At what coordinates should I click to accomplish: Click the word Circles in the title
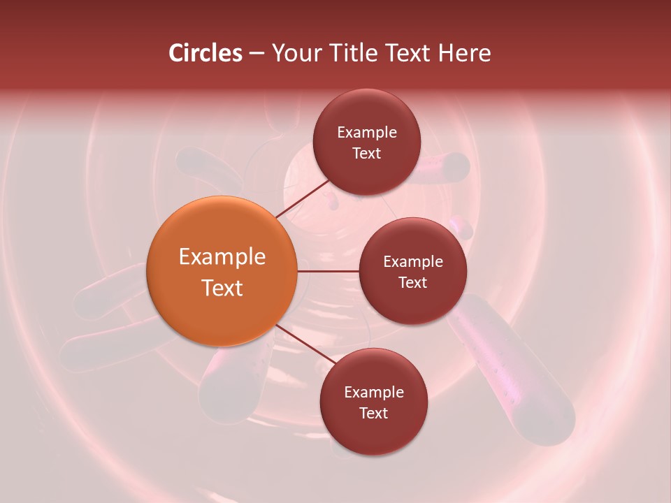tap(205, 53)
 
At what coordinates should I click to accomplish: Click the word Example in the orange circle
tap(222, 257)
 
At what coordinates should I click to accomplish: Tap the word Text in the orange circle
tap(222, 288)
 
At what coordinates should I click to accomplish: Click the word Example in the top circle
tap(367, 133)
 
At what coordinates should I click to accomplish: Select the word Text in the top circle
tap(367, 153)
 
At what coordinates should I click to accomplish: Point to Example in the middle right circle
tap(413, 262)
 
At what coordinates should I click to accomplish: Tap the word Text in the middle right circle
tap(413, 282)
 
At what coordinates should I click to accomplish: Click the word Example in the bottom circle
tap(374, 393)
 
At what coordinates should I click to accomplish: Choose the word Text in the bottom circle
tap(374, 413)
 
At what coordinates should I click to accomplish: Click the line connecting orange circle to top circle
tap(303, 199)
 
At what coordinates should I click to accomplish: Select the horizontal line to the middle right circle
tap(329, 271)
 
